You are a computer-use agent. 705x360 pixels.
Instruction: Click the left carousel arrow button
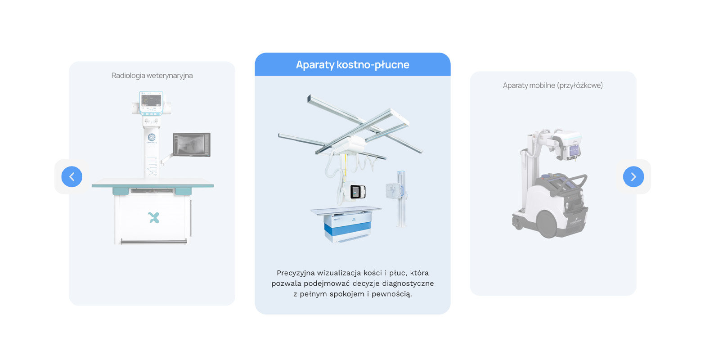click(x=72, y=176)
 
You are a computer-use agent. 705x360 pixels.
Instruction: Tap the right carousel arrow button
click(x=633, y=176)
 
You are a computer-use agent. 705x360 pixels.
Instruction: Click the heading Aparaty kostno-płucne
click(x=353, y=64)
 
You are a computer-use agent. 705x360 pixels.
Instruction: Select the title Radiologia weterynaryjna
click(x=152, y=76)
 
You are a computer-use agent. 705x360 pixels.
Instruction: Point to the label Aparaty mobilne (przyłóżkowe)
click(x=552, y=85)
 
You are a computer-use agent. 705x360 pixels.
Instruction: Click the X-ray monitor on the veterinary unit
click(x=192, y=144)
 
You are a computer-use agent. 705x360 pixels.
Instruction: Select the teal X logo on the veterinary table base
click(x=153, y=218)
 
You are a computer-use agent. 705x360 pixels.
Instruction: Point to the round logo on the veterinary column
click(x=152, y=138)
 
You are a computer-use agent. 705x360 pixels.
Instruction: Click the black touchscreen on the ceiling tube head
click(x=358, y=192)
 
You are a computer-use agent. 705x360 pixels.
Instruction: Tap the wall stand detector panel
click(x=393, y=191)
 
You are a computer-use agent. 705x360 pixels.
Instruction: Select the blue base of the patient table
click(x=347, y=228)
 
